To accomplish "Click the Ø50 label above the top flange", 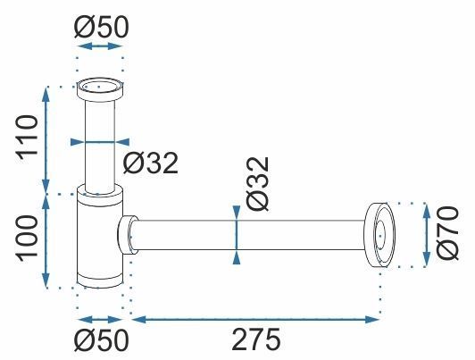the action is [x=102, y=27].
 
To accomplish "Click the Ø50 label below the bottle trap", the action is [x=102, y=340].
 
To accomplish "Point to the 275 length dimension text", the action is [x=256, y=339].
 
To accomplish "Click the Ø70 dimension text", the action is [x=447, y=233].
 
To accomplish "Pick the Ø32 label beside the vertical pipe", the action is [x=151, y=163].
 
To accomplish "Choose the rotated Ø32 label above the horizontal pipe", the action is [x=258, y=183].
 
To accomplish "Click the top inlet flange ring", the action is [x=100, y=89].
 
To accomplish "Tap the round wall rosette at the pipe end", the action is [x=379, y=235].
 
